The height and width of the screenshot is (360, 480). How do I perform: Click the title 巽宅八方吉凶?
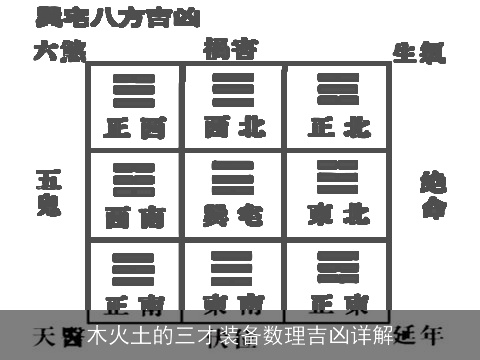click(x=118, y=17)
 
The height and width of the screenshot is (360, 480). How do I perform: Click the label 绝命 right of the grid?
click(x=432, y=195)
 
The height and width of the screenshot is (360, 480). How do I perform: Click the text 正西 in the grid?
click(x=135, y=128)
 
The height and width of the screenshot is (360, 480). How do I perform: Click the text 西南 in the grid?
click(x=135, y=216)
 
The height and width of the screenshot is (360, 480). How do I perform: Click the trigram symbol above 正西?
click(x=135, y=90)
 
